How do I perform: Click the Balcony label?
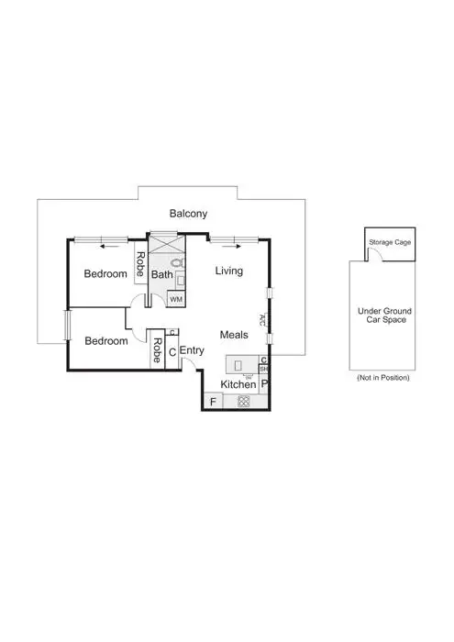(x=189, y=214)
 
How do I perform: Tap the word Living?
(x=229, y=271)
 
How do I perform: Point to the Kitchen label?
(x=238, y=384)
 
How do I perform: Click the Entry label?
(x=192, y=350)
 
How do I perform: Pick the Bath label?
(x=161, y=274)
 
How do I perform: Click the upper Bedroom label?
(x=105, y=273)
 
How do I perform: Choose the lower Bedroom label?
(x=105, y=340)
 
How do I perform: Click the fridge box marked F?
(x=213, y=401)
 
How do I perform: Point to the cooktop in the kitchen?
(x=244, y=401)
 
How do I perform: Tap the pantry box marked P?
(x=264, y=384)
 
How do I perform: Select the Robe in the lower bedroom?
(x=158, y=350)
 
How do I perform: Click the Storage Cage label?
(x=389, y=243)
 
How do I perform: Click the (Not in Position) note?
(x=382, y=377)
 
